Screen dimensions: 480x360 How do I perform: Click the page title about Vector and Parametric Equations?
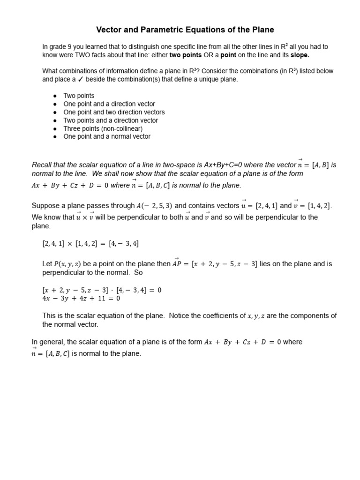(185, 30)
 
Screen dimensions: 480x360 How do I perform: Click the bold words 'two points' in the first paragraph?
(185, 55)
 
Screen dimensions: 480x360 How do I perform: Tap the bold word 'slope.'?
(300, 55)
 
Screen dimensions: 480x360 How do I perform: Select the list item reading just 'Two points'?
(79, 96)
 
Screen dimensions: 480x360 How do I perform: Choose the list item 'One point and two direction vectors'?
(114, 112)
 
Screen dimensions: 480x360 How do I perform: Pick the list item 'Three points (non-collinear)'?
(103, 128)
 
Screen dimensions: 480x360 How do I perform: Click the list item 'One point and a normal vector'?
(107, 136)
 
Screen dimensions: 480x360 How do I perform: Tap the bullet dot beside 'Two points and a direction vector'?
(55, 120)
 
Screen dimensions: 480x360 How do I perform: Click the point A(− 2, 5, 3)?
(155, 205)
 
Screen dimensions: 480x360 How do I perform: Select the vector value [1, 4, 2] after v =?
(319, 205)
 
